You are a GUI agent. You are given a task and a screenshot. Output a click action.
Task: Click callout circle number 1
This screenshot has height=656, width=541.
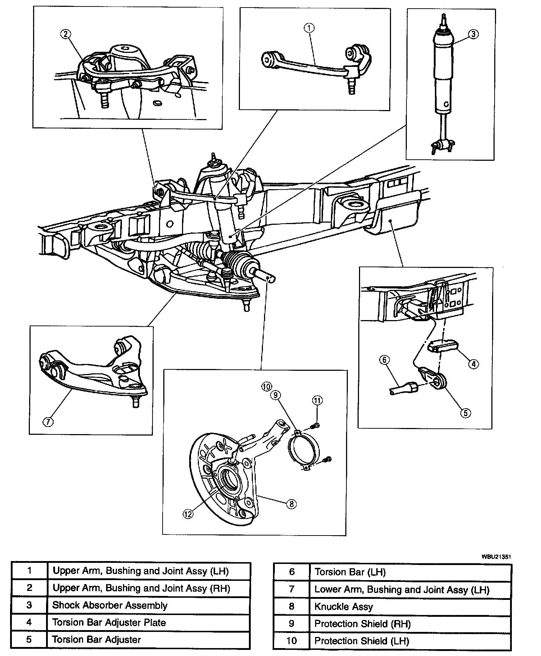[309, 27]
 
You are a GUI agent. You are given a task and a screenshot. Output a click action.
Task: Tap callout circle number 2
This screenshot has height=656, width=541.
[65, 34]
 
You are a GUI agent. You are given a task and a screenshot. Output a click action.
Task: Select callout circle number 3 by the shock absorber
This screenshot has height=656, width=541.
[473, 34]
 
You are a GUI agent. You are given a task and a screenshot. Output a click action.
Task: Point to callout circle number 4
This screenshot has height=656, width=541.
[473, 364]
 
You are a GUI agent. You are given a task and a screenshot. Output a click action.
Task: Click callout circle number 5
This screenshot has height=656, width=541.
[465, 413]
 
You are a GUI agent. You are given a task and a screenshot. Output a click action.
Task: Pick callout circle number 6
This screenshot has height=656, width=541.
[384, 360]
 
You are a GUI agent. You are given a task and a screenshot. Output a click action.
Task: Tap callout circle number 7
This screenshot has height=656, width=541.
[48, 422]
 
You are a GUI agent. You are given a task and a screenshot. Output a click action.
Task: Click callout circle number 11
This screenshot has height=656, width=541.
[317, 400]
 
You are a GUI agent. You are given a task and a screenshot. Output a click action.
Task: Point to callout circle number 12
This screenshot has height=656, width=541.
[188, 514]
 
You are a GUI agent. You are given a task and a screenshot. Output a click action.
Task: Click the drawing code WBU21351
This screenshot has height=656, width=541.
[496, 556]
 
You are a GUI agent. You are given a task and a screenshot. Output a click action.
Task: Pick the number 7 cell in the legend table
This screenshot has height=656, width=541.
[291, 589]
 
